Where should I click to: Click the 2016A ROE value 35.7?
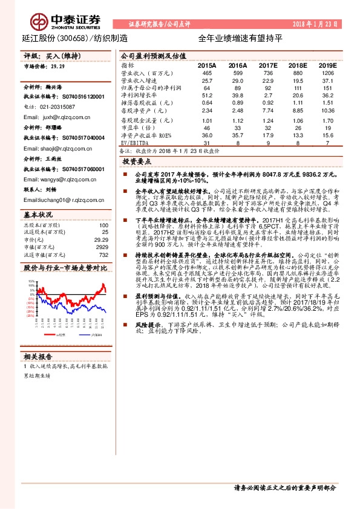tap(237, 135)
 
